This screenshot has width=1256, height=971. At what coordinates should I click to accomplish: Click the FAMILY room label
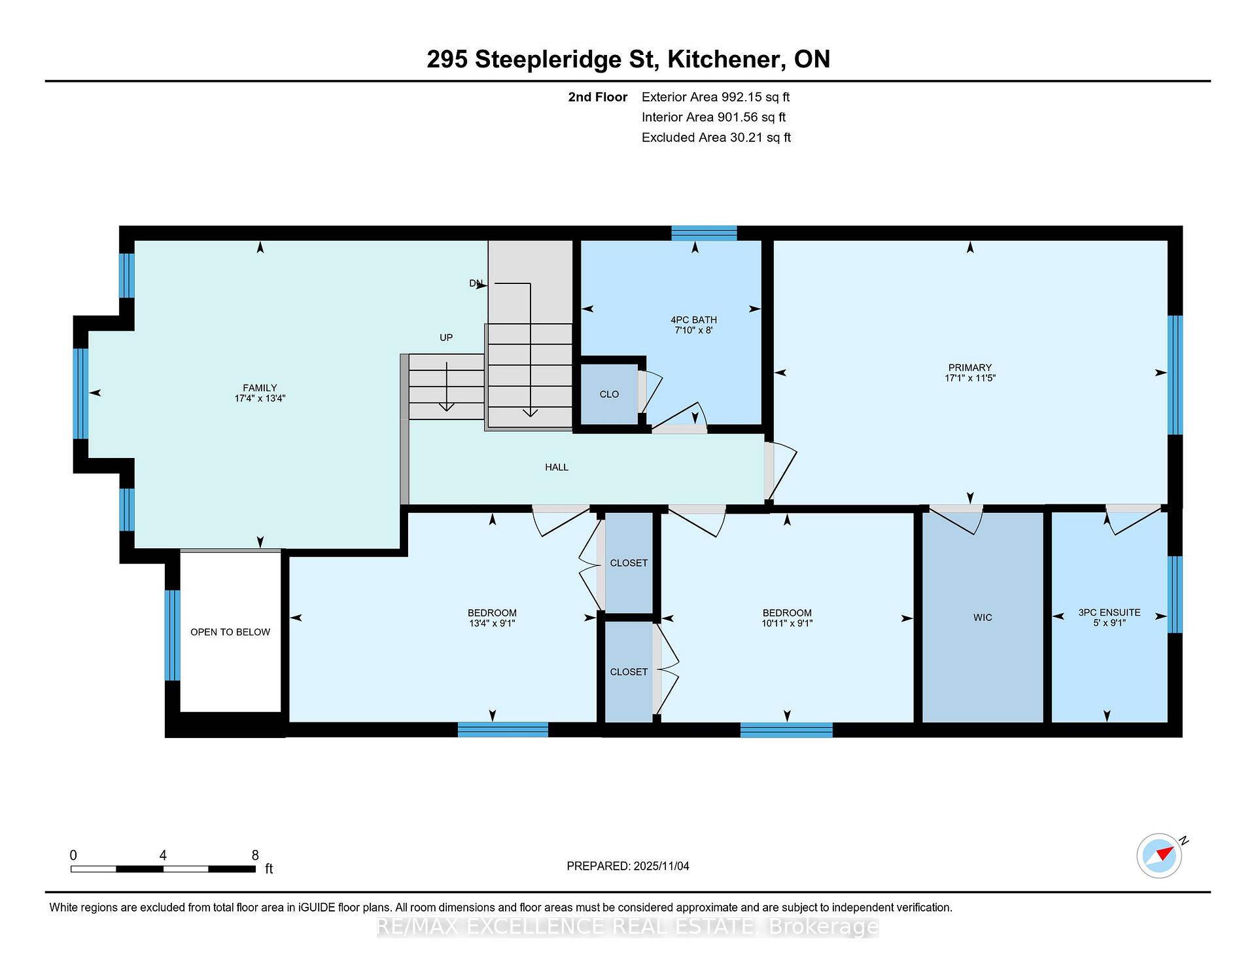click(x=260, y=388)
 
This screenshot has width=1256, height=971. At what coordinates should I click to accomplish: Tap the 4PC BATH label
click(x=693, y=320)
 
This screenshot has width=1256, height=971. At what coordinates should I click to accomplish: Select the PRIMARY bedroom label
click(x=970, y=368)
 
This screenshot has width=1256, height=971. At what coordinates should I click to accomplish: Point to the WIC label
click(x=983, y=618)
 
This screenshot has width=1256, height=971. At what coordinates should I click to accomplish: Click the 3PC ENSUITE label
click(x=1109, y=612)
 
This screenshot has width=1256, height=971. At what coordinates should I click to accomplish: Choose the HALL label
click(x=557, y=467)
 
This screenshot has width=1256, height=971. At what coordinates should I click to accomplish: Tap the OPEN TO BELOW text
click(x=230, y=632)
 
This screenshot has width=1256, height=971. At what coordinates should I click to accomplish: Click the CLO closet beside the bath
click(x=609, y=395)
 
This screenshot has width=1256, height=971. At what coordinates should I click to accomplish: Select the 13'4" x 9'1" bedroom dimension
click(x=492, y=624)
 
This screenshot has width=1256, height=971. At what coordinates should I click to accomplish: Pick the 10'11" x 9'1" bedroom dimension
click(x=787, y=624)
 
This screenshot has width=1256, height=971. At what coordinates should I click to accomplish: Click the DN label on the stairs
click(x=476, y=283)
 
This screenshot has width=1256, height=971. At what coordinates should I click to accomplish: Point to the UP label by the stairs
click(x=446, y=338)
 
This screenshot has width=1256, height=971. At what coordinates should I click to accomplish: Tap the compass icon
click(x=1159, y=856)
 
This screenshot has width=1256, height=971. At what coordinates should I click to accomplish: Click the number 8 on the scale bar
click(x=255, y=855)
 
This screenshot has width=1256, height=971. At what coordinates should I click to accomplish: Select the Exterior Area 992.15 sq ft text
click(x=716, y=97)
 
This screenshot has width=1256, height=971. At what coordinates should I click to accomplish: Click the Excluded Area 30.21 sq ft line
click(x=716, y=138)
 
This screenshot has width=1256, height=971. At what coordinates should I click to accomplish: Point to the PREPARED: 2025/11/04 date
click(x=628, y=866)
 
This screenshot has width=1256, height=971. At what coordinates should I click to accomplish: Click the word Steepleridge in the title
click(x=565, y=60)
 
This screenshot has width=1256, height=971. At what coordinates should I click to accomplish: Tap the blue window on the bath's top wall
click(x=705, y=233)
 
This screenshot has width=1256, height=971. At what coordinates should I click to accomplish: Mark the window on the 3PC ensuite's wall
click(x=1176, y=595)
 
